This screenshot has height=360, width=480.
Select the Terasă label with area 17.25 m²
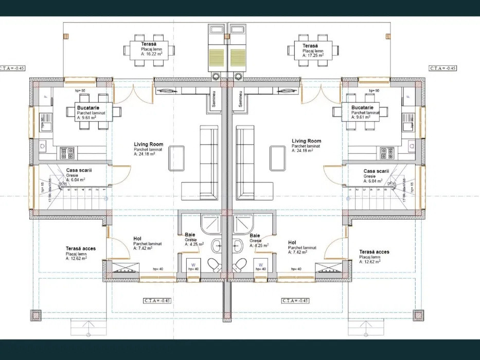coord(310,46)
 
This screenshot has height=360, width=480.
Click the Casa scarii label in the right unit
coord(376,171)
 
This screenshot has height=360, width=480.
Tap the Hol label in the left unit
coord(137,239)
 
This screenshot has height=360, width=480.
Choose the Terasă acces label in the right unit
coord(374,252)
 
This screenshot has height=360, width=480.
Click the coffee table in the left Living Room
coord(176,158)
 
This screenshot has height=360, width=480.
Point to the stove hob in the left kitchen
coord(67,153)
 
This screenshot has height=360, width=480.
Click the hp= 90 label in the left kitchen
coord(79,91)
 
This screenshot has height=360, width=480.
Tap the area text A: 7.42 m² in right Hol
coord(298,252)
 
